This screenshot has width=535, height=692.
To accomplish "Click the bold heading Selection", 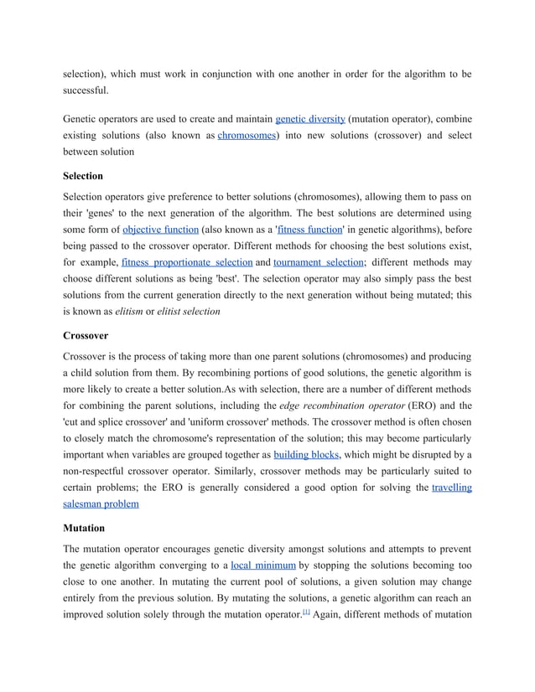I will point(83,176).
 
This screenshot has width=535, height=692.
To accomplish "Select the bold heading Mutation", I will point(85,529).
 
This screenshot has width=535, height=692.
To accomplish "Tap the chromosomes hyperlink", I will point(247,135).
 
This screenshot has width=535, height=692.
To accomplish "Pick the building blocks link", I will point(306,454).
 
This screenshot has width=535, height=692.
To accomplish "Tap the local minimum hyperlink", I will point(263,565).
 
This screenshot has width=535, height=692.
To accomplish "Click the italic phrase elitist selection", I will point(189,311).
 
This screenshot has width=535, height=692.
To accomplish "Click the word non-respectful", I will point(103,471).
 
